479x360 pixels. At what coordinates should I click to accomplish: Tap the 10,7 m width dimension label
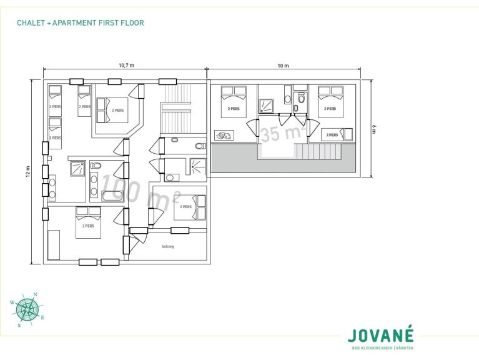(127, 65)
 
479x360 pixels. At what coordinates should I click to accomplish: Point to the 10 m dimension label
(283, 65)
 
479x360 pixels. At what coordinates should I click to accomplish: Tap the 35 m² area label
(283, 133)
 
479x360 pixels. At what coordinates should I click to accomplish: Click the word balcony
(168, 246)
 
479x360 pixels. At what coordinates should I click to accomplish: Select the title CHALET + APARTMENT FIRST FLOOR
(81, 23)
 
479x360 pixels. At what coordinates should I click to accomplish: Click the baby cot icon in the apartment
(224, 134)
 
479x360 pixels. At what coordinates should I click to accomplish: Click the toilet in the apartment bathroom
(301, 98)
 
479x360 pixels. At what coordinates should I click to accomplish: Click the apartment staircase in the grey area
(319, 151)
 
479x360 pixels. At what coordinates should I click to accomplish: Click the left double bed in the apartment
(234, 101)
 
